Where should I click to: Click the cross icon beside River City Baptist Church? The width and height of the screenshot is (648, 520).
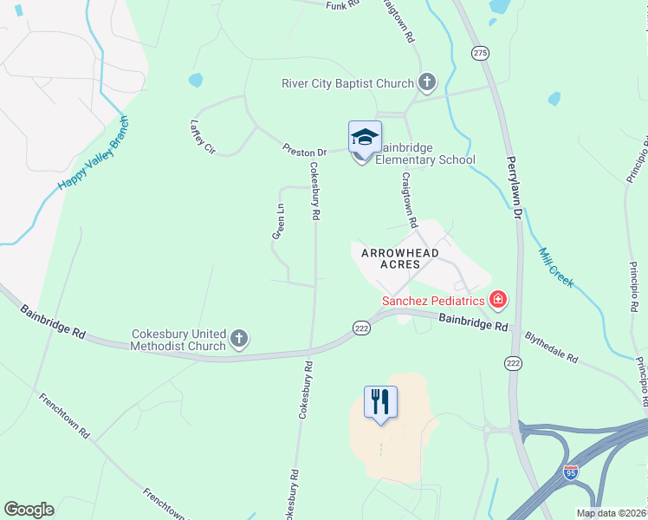[426, 83]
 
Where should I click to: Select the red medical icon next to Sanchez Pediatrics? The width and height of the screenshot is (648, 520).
[498, 301]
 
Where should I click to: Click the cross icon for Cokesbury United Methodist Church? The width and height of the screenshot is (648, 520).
[239, 339]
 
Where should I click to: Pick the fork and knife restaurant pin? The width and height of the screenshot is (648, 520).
[379, 402]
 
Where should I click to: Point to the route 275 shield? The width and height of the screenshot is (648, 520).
[480, 54]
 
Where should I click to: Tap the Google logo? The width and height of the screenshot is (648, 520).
[29, 510]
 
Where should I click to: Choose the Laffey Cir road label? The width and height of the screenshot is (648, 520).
[202, 137]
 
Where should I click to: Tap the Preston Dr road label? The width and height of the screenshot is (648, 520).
[304, 151]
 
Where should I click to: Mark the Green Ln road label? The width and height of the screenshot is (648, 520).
[278, 222]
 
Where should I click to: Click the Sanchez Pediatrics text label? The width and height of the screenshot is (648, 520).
[434, 301]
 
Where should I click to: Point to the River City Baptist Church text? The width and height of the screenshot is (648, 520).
[347, 84]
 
